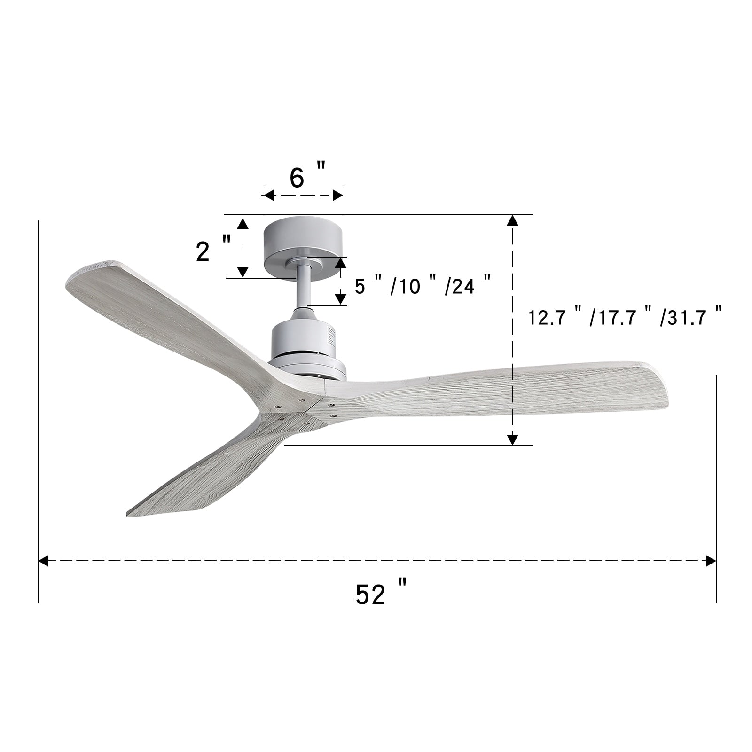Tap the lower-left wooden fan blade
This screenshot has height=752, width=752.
tap(211, 470)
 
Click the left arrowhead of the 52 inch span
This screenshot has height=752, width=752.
tap(43, 560)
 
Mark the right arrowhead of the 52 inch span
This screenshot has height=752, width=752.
tap(711, 560)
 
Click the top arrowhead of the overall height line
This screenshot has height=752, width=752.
tap(512, 220)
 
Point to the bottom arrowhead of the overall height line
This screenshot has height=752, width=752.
tap(512, 439)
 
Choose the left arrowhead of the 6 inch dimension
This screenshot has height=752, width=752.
tap(269, 195)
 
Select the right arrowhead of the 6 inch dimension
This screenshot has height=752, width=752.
tap(337, 195)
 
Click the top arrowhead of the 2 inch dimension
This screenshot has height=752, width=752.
tap(243, 223)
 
